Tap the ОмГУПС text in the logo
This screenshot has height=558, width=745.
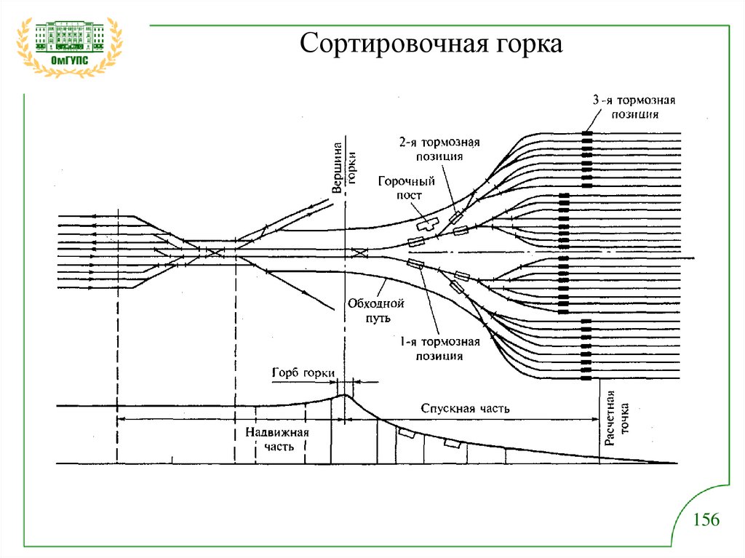pos(69,60)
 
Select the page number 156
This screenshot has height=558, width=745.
pos(706,519)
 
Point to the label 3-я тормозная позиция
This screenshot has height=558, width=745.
pos(634,108)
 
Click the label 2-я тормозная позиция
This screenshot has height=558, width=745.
pos(439,149)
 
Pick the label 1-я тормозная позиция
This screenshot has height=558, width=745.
pos(439,349)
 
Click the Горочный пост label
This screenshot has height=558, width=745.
pos(407,188)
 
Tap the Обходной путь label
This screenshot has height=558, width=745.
pos(376,311)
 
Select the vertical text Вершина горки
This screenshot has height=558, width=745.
pos(344,168)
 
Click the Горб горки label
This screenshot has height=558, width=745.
pos(303,372)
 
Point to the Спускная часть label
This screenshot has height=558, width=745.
pos(465,408)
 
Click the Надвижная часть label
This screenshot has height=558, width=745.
pos(277,439)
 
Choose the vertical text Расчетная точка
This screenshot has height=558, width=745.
pos(617,418)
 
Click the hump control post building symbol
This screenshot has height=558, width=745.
pos(428,224)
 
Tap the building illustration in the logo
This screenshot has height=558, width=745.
pos(69,36)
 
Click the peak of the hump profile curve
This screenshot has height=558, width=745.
pos(345,395)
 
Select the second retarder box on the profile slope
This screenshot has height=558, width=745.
pos(453,444)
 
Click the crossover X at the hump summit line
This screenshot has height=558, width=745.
pos(359,252)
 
